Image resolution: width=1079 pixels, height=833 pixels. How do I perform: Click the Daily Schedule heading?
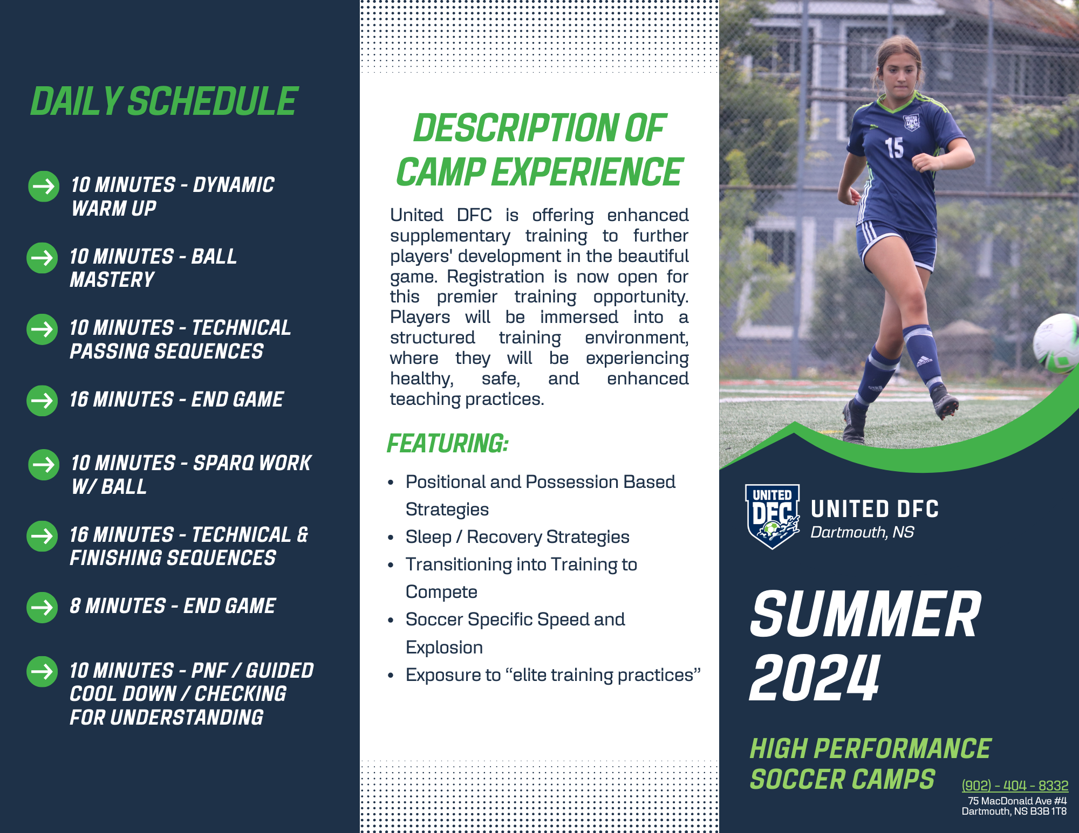tap(163, 101)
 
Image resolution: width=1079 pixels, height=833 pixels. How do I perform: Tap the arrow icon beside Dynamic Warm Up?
tap(44, 187)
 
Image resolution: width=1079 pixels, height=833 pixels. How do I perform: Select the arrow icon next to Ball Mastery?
tap(42, 258)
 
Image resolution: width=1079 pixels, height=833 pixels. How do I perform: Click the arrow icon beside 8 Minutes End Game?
tap(42, 608)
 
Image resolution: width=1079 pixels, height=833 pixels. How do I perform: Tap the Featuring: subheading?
tap(448, 444)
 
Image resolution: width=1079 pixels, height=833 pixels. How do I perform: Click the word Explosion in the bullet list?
tap(444, 647)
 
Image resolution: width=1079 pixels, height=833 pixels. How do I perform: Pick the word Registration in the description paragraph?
tap(495, 277)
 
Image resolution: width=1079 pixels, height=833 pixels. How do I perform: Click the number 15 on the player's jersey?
tap(894, 148)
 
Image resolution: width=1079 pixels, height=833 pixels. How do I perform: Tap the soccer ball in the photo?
tap(1056, 343)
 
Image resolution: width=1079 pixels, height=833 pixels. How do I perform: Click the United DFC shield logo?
tap(773, 517)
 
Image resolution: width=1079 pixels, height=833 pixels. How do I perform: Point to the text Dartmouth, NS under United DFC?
tap(862, 532)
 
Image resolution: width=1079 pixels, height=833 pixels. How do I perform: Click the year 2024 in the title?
tap(815, 678)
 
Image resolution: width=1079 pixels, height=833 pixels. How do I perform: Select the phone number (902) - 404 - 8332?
tap(1015, 786)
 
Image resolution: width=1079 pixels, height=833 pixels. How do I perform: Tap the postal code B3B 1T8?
tap(1048, 811)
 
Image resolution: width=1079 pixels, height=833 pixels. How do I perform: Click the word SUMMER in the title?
tap(865, 614)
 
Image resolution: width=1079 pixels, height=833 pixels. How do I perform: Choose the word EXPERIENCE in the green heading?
tap(587, 172)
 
